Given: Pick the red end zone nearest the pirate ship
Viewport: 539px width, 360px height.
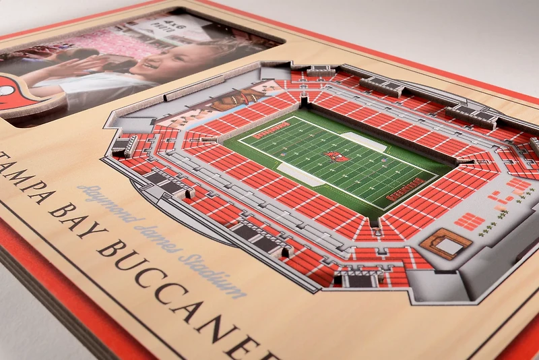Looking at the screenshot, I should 271,129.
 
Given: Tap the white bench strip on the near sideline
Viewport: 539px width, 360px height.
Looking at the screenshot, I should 300,175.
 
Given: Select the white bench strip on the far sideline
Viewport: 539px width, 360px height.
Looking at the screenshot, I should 363,142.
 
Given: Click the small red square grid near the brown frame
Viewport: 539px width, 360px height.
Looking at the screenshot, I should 470,220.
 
